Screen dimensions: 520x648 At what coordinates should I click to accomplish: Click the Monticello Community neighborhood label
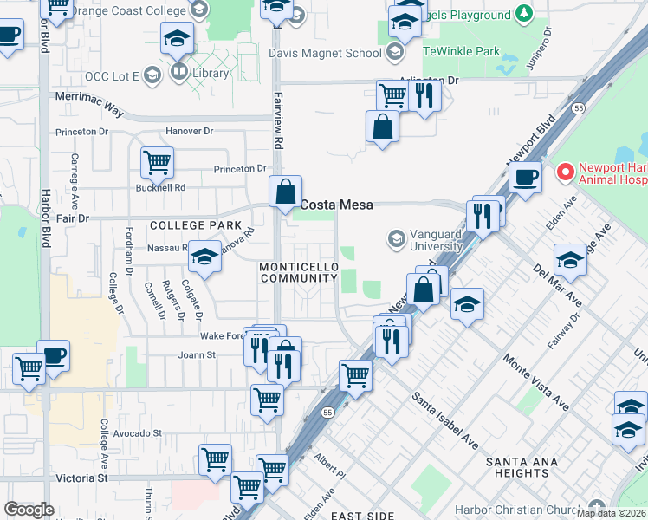coord(299,271)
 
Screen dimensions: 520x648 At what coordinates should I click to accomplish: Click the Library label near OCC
coord(211,74)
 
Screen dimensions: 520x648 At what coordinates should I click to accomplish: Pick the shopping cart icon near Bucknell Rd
coord(157,160)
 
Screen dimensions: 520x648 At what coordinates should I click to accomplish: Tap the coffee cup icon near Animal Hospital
coord(525,178)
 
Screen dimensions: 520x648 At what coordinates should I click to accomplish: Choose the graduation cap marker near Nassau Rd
coord(204,256)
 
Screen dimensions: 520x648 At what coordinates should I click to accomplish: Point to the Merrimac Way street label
coord(90,114)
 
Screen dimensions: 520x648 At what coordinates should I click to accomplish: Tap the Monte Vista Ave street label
coord(537,381)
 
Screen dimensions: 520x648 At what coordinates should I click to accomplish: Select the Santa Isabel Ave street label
coord(444,419)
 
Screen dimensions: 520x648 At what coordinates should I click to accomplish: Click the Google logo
coord(29,510)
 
